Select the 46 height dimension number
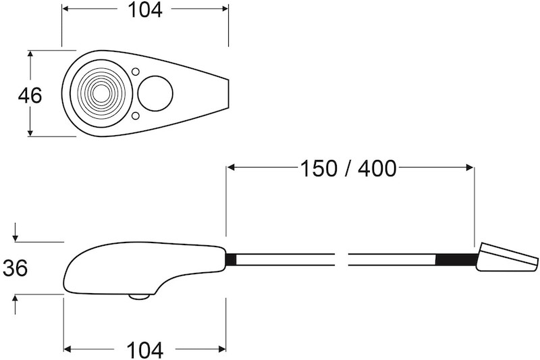click(30, 95)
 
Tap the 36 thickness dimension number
click(15, 268)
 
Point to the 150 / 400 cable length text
click(348, 168)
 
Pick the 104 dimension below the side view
click(144, 350)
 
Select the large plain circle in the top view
click(155, 93)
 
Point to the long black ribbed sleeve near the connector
click(457, 259)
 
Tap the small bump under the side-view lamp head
click(139, 296)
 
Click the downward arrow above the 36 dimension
click(15, 237)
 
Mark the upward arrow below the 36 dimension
click(15, 299)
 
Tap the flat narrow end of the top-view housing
click(227, 93)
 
